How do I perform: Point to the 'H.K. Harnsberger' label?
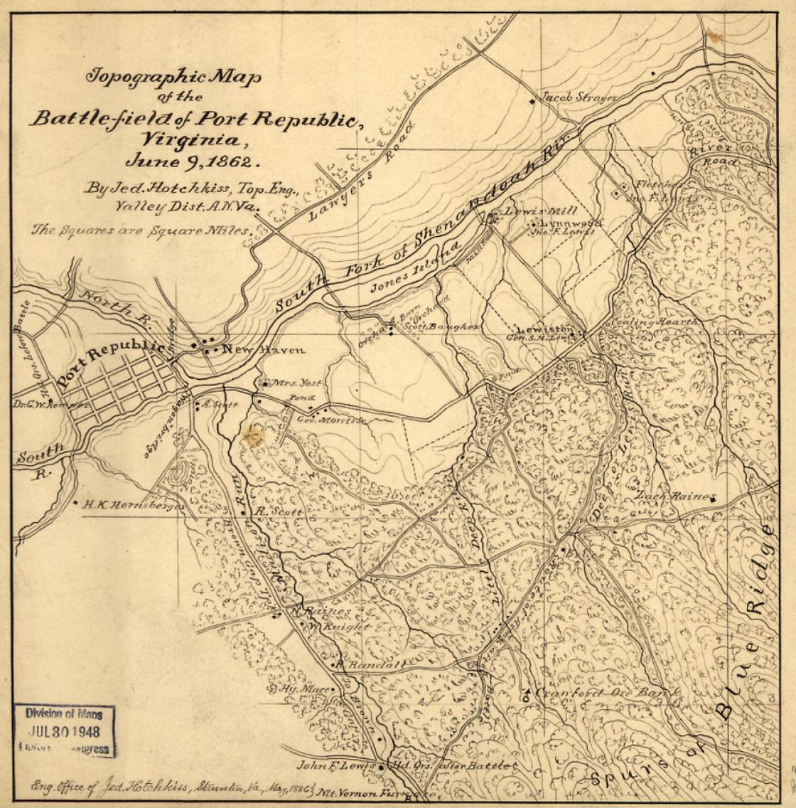pyautogui.click(x=133, y=505)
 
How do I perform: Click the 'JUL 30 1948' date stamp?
pyautogui.click(x=64, y=730)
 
